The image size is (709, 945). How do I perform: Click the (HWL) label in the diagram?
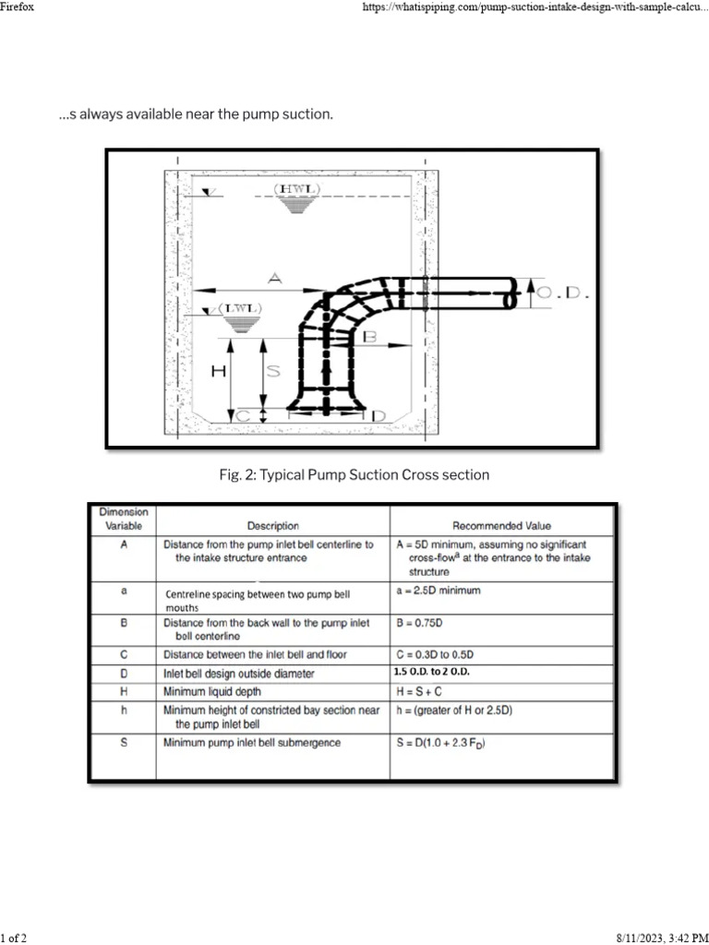coord(296,188)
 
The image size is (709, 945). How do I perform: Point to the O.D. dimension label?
coord(563,293)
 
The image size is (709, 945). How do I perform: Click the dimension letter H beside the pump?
coord(218,371)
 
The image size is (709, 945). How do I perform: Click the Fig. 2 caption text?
coord(354,474)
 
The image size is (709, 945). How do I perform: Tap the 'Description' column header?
coord(272,526)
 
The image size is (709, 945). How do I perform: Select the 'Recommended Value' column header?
coord(501,526)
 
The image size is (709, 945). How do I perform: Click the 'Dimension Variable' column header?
coord(123,519)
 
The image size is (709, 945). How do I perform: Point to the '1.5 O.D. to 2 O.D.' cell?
coord(431,672)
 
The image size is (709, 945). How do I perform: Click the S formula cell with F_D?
coord(440,743)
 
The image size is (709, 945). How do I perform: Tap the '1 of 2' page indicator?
coord(14,938)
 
